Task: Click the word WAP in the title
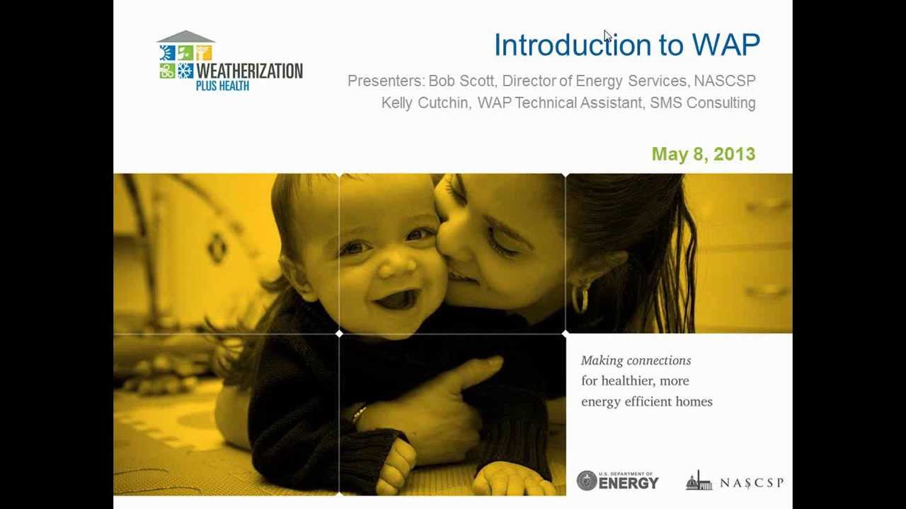[x=726, y=45]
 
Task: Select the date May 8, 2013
[x=703, y=154]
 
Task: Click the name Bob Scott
[x=461, y=81]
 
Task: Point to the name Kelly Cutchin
[x=425, y=103]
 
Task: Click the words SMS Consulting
[x=702, y=103]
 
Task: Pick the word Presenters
[x=385, y=81]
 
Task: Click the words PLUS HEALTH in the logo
[x=222, y=86]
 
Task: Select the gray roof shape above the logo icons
[x=185, y=37]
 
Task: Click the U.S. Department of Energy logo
[x=617, y=481]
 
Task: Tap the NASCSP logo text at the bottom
[x=751, y=483]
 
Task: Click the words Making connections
[x=636, y=361]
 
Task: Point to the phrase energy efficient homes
[x=646, y=402]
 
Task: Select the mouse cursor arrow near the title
[x=607, y=37]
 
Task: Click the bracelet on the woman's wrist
[x=359, y=414]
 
